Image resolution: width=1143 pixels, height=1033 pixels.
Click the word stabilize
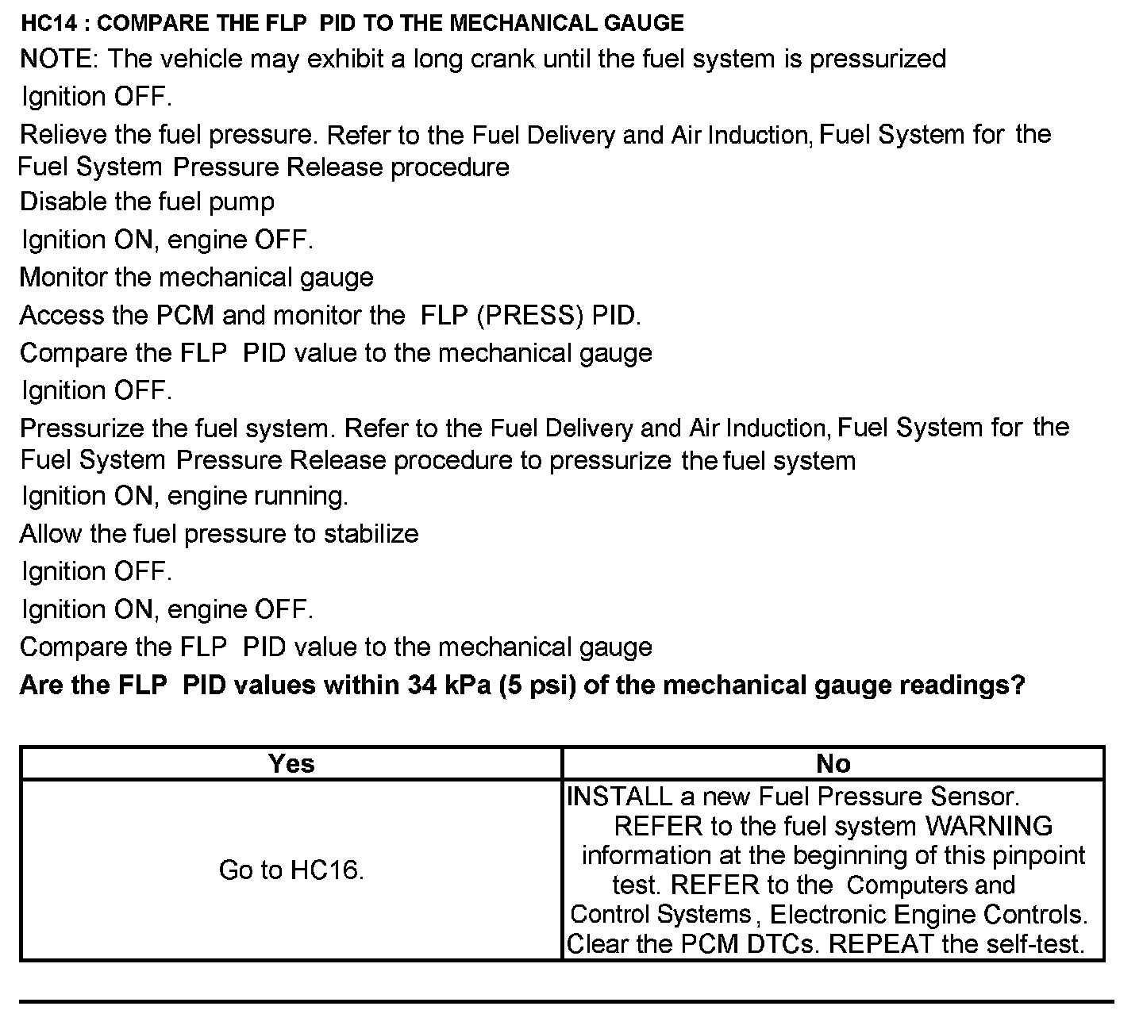tap(370, 533)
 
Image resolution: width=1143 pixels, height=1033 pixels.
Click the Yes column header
tap(291, 763)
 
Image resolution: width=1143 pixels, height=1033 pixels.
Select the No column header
tap(833, 763)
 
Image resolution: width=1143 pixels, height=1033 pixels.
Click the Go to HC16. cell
tap(291, 870)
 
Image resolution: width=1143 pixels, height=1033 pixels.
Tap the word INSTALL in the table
tap(619, 797)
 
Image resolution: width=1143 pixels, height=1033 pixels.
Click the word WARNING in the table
tap(989, 826)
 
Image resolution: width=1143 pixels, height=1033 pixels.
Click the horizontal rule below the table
tap(566, 1002)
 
